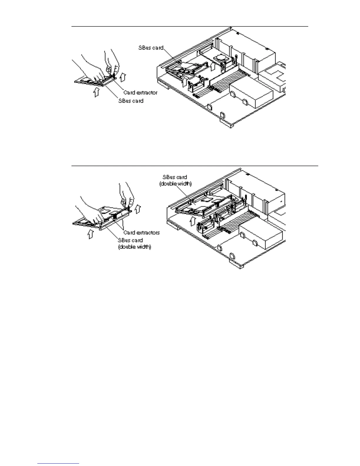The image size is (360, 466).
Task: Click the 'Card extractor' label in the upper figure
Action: [140, 93]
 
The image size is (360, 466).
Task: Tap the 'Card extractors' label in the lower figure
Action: [141, 233]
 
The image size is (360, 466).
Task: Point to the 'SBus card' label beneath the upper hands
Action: [131, 101]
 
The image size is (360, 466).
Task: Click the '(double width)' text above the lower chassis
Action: [175, 184]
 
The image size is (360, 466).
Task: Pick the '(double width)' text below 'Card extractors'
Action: [135, 247]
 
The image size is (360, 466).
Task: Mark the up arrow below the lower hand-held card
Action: [91, 234]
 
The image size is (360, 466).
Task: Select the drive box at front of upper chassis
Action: [251, 96]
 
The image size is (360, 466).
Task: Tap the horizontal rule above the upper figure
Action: [190, 26]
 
